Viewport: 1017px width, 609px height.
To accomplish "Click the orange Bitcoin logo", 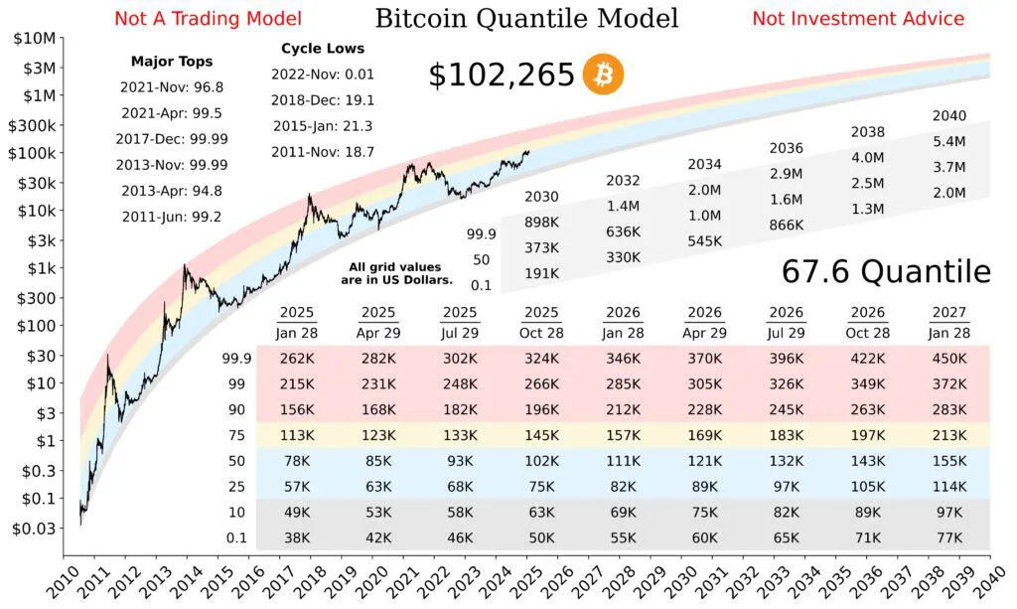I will tap(604, 75).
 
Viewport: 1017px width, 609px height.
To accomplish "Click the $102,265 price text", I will tap(502, 76).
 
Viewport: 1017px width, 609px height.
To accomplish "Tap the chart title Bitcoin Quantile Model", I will tap(526, 18).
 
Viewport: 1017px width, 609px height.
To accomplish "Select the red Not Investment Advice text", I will tap(857, 18).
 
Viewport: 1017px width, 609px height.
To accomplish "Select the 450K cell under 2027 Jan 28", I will tap(949, 358).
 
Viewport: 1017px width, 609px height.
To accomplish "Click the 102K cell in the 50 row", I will tap(541, 461).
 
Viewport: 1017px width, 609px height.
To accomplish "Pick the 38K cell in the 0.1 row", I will tap(297, 538).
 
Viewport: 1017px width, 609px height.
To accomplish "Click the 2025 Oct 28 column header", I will tap(541, 323).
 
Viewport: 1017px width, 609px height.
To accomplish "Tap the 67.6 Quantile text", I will tap(886, 271).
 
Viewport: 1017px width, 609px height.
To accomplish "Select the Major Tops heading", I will tap(171, 62).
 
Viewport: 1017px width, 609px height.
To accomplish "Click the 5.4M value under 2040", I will tap(949, 142).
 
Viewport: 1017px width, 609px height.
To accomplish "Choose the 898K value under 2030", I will tap(541, 222).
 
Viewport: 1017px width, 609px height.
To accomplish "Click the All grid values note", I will tap(395, 272).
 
